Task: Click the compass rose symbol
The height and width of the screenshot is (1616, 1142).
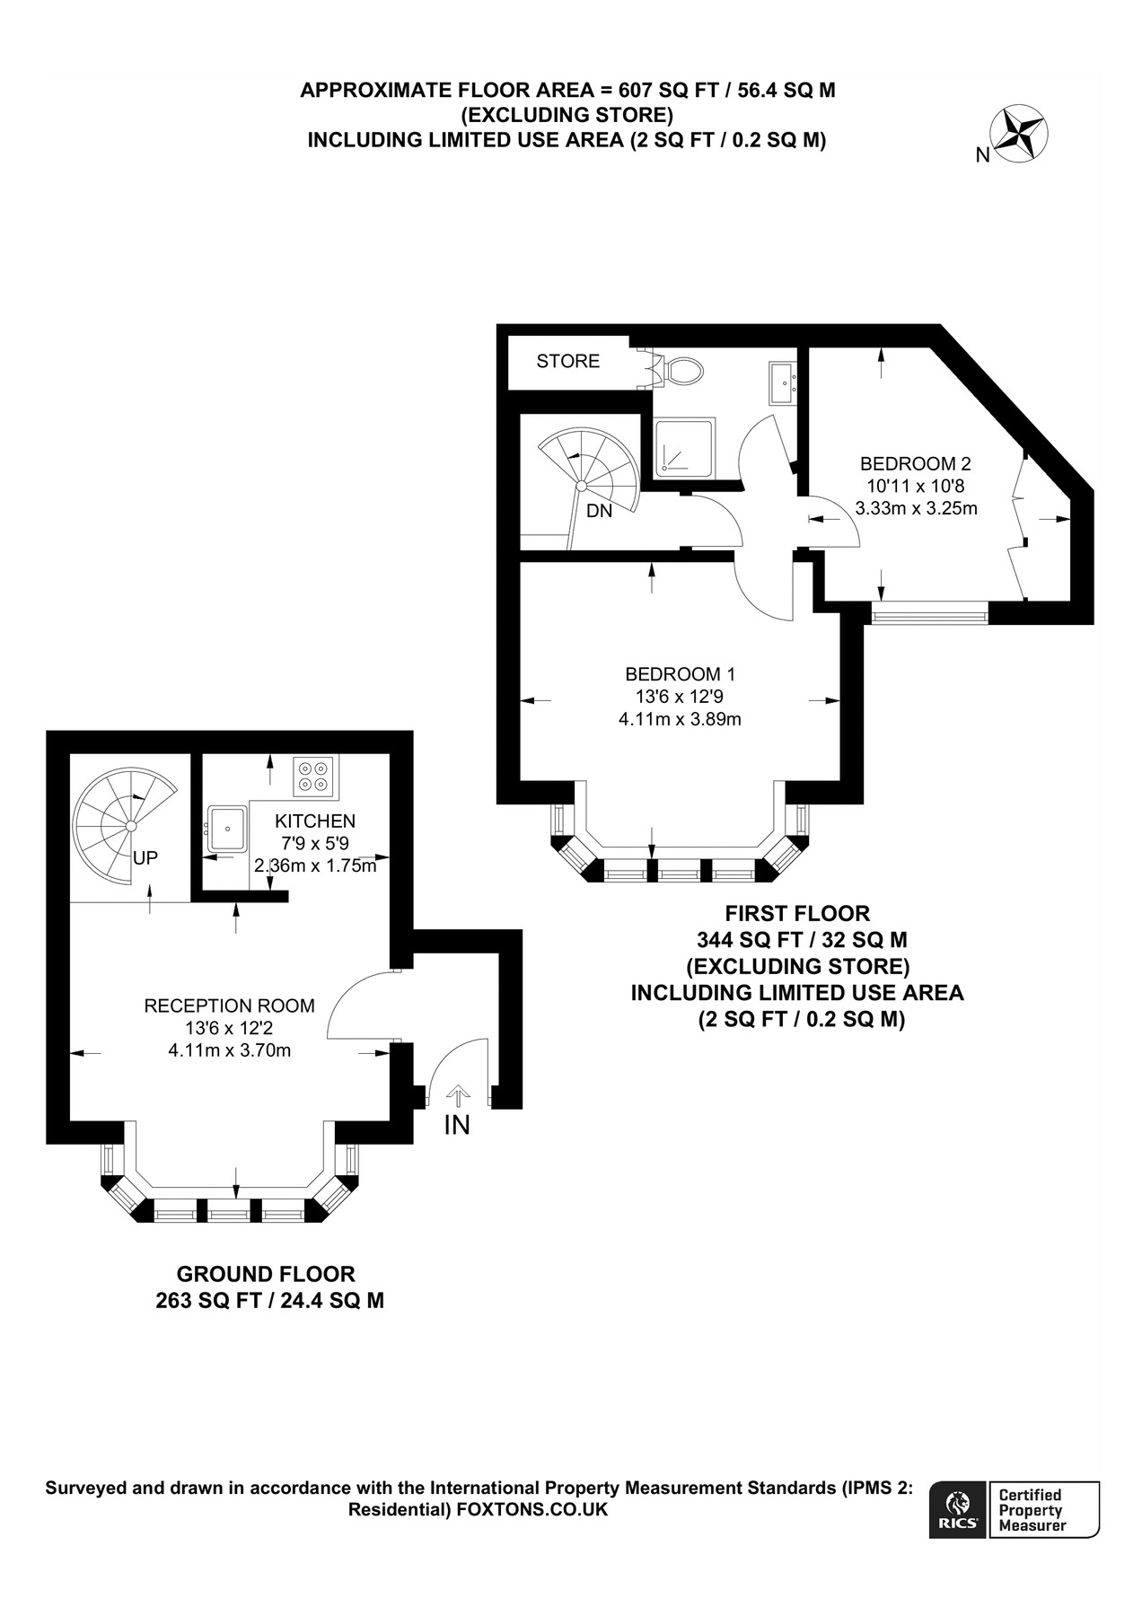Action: click(x=1023, y=135)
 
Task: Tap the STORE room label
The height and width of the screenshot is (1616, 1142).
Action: click(x=567, y=361)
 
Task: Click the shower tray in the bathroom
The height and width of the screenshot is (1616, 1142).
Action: click(x=684, y=445)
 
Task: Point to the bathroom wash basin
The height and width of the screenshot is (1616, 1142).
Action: click(x=782, y=384)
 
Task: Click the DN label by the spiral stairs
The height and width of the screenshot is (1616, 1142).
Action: click(x=599, y=511)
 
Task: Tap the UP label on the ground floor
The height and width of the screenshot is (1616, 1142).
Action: click(x=145, y=858)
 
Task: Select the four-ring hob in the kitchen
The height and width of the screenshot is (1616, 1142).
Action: click(x=314, y=776)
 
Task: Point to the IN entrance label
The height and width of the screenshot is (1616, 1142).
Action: click(x=457, y=1124)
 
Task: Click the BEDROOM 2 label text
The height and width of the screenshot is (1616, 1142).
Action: click(x=915, y=464)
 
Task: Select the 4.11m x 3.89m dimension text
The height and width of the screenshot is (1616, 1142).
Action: click(x=680, y=719)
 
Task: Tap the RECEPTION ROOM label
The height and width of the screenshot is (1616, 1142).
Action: click(x=229, y=1006)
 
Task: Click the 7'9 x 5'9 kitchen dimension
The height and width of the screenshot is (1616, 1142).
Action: click(x=314, y=843)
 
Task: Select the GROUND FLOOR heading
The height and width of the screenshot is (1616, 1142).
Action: click(x=266, y=1274)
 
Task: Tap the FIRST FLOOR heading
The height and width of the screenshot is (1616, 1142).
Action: click(x=797, y=914)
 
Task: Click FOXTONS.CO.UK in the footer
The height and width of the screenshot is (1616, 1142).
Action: click(x=532, y=1510)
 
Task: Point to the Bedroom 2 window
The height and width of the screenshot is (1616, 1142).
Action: click(x=929, y=616)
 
